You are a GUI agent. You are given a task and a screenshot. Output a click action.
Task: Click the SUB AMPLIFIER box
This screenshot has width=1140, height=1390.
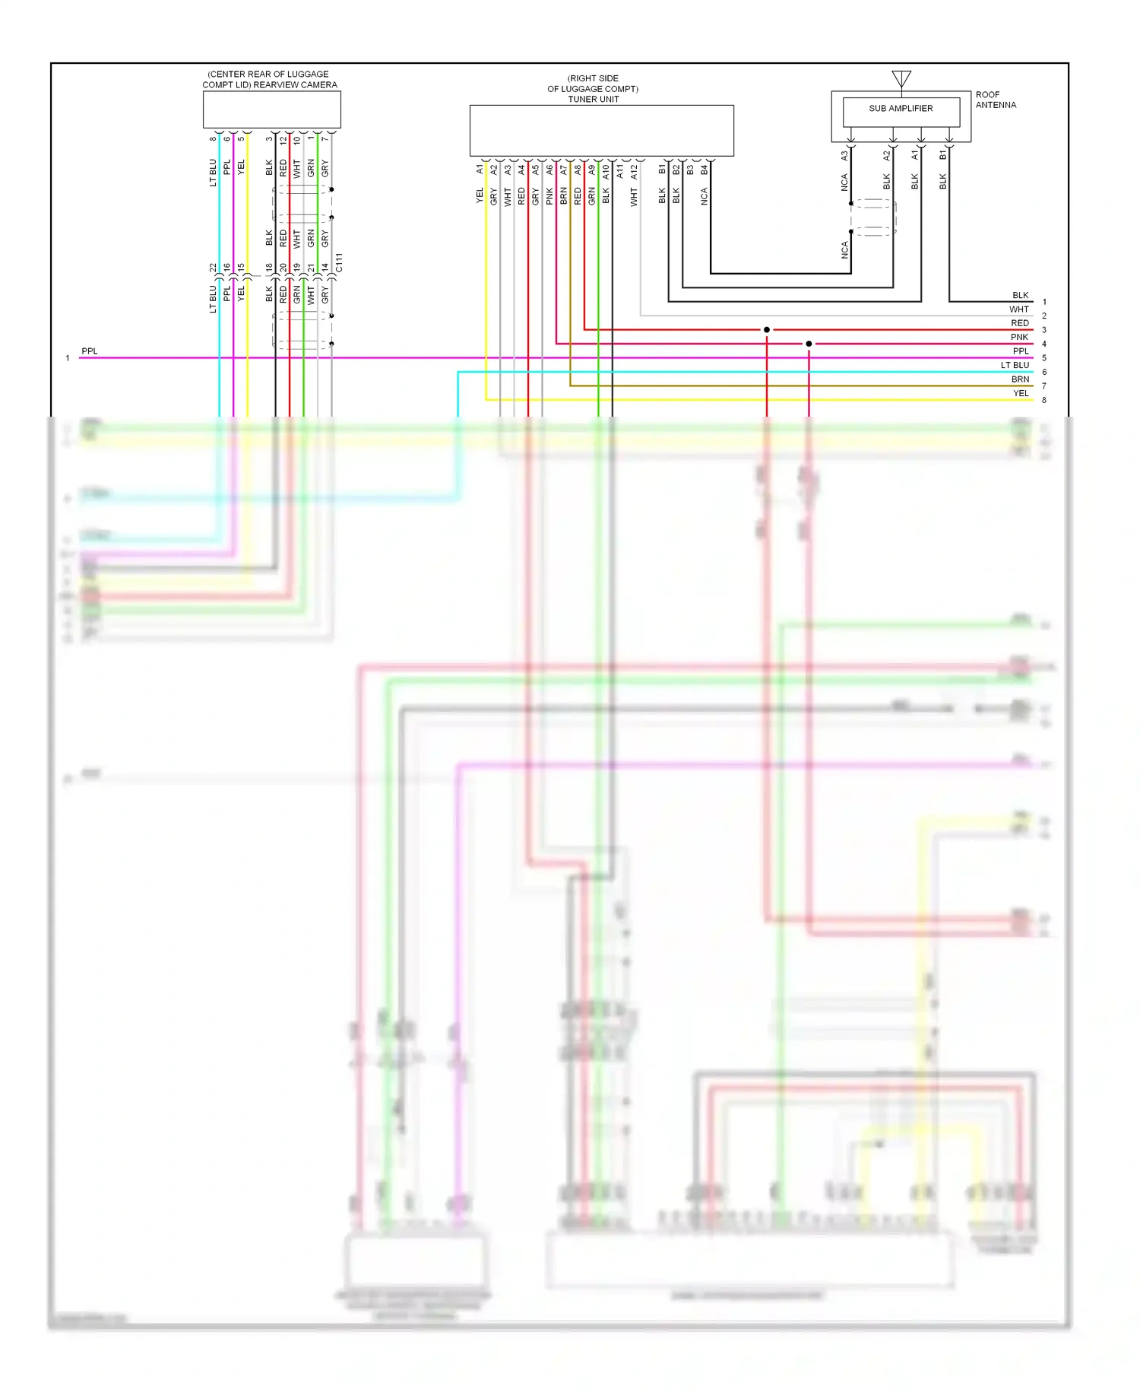coord(901,113)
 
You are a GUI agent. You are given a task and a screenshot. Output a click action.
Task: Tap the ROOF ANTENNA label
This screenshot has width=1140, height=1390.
coord(996,100)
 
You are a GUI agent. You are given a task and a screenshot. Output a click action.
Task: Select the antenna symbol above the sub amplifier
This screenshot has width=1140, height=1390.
coord(901,78)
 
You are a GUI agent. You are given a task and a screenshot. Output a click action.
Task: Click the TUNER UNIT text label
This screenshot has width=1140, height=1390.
coord(594,99)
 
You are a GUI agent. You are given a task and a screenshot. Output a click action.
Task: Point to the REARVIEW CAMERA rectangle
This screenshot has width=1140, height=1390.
coord(271,110)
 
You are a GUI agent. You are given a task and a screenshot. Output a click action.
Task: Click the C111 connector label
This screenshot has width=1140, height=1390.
coord(339,263)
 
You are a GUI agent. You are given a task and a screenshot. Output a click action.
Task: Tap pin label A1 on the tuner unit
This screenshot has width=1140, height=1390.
coord(480,170)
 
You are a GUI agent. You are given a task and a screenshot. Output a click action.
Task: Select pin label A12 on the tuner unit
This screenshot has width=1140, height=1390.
coord(634,172)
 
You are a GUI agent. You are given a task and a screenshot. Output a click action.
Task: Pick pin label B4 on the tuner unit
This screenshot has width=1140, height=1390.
coord(705,170)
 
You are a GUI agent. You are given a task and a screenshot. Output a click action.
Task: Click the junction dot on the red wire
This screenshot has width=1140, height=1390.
coord(767,330)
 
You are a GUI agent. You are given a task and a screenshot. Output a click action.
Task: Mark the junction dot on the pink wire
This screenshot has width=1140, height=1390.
coord(809,344)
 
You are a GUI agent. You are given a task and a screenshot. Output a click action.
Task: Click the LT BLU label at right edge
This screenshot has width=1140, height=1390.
coord(1015,365)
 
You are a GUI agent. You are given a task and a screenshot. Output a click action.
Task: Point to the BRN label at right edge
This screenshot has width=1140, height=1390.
coord(1020,379)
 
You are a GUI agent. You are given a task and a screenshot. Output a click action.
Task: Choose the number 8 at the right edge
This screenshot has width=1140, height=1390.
coord(1044,400)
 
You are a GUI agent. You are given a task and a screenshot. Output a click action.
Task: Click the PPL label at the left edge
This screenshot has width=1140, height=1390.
coord(90,351)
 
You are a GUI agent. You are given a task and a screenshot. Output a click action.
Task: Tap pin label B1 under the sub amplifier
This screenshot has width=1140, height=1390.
coord(943,154)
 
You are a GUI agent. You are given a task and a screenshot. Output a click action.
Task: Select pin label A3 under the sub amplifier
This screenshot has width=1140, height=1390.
coord(844,155)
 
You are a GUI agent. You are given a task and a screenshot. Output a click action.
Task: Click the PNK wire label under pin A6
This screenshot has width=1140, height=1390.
coord(549,197)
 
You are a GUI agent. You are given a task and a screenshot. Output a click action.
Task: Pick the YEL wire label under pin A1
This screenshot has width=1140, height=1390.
coord(480,196)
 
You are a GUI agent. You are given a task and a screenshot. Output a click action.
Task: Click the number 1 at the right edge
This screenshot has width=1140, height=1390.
coord(1044,302)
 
